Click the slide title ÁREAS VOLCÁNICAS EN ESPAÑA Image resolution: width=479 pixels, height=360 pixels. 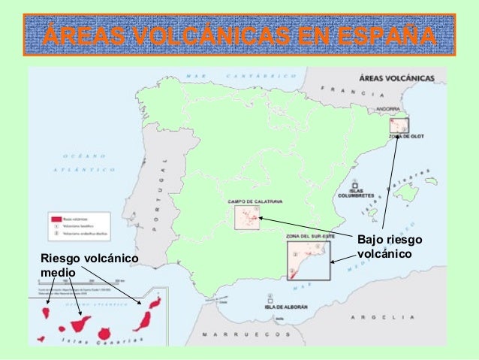(x=239, y=35)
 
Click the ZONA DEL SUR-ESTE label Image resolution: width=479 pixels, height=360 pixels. (x=309, y=236)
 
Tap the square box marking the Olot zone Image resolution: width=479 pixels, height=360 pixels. (x=398, y=126)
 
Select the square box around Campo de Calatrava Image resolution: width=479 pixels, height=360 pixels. (x=246, y=218)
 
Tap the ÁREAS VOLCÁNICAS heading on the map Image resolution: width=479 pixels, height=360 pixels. (x=397, y=77)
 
